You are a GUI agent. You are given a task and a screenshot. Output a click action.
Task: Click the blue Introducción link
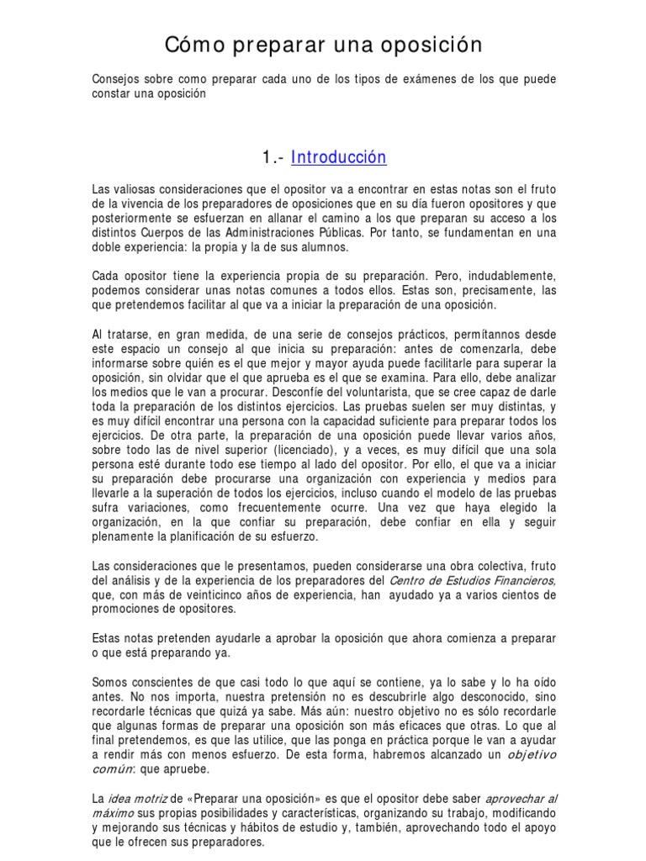point(339,157)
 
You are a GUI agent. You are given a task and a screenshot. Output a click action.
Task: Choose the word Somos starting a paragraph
point(110,683)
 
